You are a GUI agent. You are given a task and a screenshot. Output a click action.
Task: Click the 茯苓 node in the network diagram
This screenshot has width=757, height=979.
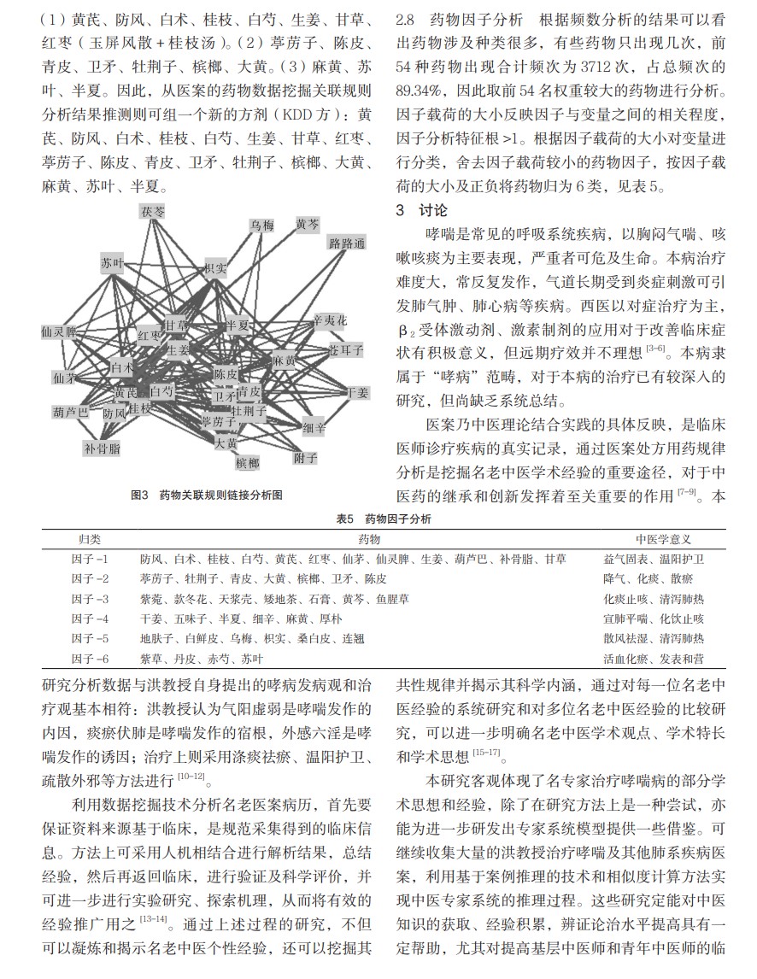coord(154,210)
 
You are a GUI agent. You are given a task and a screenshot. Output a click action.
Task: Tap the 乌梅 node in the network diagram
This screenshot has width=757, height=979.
coord(261,226)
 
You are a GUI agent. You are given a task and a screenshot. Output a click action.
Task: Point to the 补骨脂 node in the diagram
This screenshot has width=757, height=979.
coord(102,447)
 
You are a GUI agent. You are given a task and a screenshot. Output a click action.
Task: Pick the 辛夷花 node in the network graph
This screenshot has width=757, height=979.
coord(331,320)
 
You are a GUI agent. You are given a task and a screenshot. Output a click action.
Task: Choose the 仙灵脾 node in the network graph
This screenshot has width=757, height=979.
coord(59,331)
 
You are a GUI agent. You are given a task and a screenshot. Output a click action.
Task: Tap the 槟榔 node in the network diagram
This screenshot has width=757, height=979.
coord(246,463)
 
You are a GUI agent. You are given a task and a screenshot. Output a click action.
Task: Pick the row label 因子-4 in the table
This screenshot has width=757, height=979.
coord(90,618)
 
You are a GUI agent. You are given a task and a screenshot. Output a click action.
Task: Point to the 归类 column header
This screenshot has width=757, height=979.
coord(90,539)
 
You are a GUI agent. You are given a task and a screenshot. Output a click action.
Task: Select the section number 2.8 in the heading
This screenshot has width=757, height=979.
coord(409,19)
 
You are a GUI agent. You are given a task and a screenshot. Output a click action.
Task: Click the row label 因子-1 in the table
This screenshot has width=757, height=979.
coord(90,559)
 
